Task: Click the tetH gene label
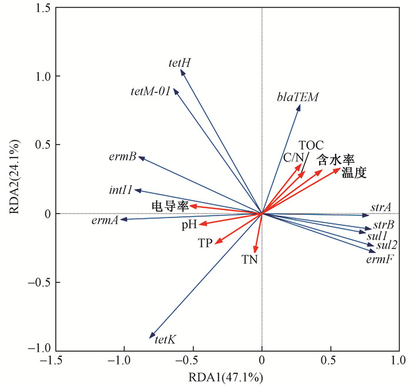pyautogui.click(x=180, y=62)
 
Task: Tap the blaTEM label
pyautogui.click(x=298, y=97)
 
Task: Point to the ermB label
pyautogui.click(x=122, y=157)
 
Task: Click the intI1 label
pyautogui.click(x=121, y=191)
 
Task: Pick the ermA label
pyautogui.click(x=105, y=221)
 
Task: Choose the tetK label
pyautogui.click(x=165, y=340)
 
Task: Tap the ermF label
pyautogui.click(x=380, y=259)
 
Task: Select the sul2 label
pyautogui.click(x=386, y=245)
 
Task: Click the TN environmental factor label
pyautogui.click(x=250, y=259)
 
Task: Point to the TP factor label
pyautogui.click(x=205, y=242)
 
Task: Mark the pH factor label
pyautogui.click(x=189, y=225)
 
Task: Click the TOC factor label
pyautogui.click(x=311, y=145)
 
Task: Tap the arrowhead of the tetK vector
pyautogui.click(x=151, y=336)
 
